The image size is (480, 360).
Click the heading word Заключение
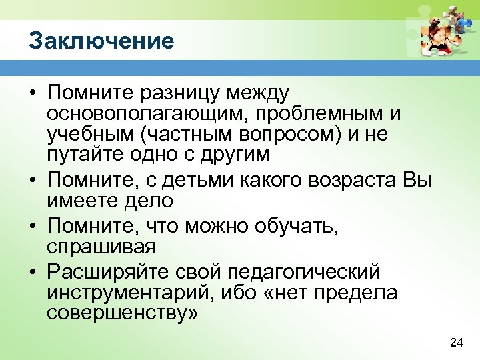point(101,41)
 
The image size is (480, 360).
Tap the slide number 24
point(456,343)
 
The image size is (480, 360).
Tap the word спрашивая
point(101,247)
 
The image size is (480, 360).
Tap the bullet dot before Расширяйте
point(33,272)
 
